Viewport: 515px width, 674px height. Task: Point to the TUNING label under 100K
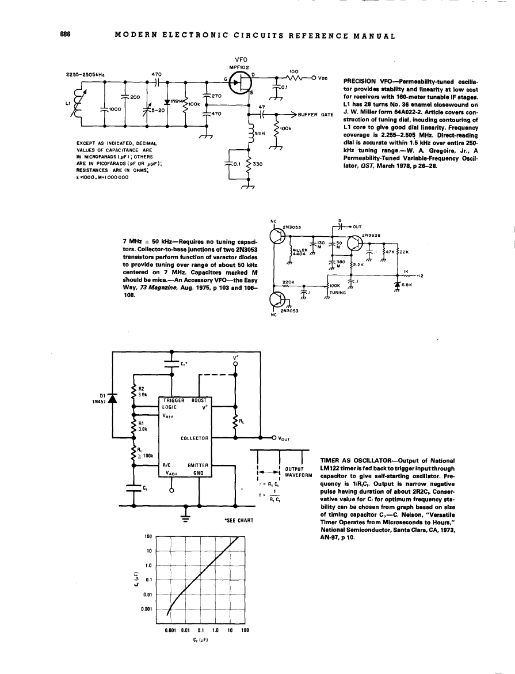coord(338,291)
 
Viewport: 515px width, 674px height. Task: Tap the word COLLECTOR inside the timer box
coord(194,438)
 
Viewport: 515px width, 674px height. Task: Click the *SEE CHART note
coord(239,520)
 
